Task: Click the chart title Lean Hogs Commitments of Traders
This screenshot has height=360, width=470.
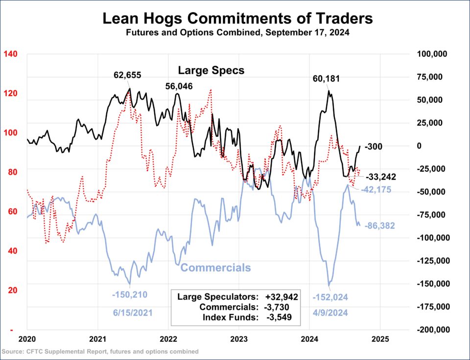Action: [x=237, y=19]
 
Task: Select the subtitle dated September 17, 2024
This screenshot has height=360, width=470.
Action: [x=237, y=34]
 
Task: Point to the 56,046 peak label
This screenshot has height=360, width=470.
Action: [x=179, y=86]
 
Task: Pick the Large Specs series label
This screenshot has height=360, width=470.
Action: [x=211, y=70]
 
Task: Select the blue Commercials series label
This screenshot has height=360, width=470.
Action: [x=215, y=268]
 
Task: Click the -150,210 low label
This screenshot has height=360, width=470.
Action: [x=130, y=294]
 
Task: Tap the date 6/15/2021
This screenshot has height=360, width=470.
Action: [x=130, y=312]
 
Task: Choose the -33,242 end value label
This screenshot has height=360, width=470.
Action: [x=381, y=177]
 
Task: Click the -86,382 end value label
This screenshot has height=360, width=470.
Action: [x=380, y=226]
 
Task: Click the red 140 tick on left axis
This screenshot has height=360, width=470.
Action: [x=11, y=54]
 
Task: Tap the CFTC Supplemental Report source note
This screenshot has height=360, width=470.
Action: [x=100, y=351]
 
